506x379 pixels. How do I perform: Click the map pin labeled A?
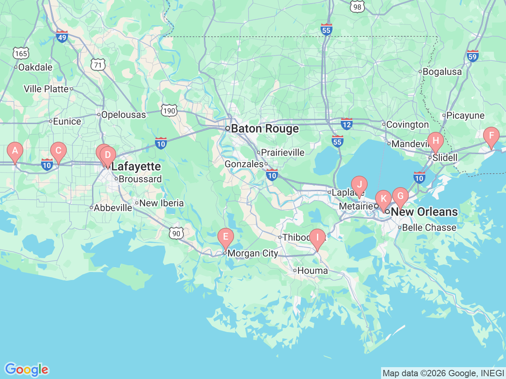click(15, 151)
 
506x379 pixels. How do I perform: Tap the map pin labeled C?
click(59, 151)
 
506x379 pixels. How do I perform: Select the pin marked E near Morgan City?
click(226, 237)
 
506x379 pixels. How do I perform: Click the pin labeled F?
click(491, 136)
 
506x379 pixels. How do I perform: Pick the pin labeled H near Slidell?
click(436, 141)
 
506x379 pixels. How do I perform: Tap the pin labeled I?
click(317, 238)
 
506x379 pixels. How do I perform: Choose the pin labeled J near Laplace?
click(359, 185)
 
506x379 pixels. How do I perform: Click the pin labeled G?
click(400, 196)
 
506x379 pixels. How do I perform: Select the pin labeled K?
click(383, 199)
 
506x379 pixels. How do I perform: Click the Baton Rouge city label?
click(264, 129)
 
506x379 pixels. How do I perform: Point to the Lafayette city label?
click(136, 167)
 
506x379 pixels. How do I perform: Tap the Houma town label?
click(312, 271)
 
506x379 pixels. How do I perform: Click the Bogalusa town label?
click(442, 72)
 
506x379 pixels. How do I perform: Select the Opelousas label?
click(123, 115)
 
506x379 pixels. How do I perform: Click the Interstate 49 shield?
click(62, 37)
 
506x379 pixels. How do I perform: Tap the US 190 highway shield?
click(169, 111)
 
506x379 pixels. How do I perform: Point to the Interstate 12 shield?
click(347, 124)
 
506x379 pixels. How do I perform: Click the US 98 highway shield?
click(357, 6)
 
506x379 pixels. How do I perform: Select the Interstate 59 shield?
click(472, 56)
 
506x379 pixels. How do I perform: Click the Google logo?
click(26, 370)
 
